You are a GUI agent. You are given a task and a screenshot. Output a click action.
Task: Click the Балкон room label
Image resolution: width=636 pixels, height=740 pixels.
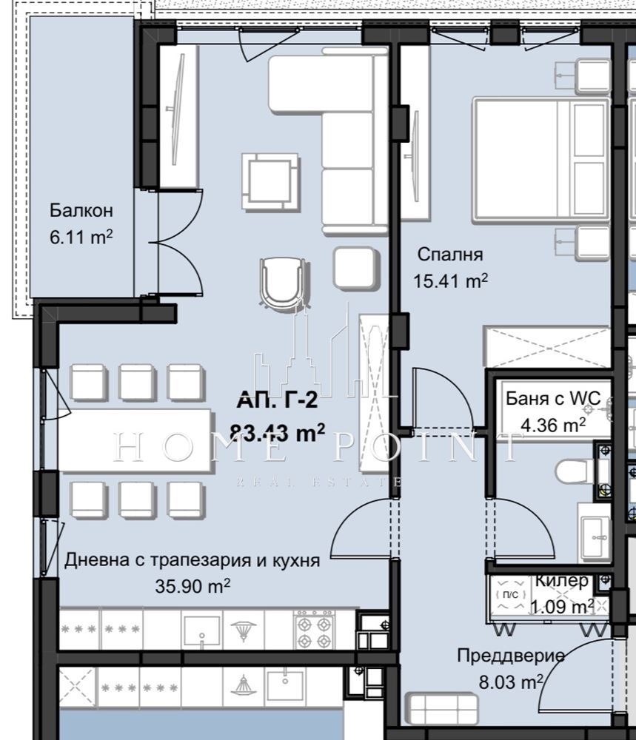(81, 211)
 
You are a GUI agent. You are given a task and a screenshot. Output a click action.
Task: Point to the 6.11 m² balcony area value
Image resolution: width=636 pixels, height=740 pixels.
(81, 238)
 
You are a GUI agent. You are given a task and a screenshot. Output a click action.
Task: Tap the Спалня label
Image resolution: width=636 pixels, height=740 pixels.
(450, 255)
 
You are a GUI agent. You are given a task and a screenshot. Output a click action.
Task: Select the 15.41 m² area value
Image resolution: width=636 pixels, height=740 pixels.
(450, 281)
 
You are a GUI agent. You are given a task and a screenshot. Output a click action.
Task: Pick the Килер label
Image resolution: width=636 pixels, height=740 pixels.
(562, 581)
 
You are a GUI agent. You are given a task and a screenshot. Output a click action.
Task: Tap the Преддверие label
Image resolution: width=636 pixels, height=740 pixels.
(511, 656)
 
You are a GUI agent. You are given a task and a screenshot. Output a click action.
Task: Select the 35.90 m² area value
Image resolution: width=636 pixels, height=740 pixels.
(193, 587)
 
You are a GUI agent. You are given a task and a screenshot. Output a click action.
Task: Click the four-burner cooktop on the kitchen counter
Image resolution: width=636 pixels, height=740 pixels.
(313, 629)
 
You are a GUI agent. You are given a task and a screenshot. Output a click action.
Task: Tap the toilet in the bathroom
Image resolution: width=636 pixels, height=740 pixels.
(574, 469)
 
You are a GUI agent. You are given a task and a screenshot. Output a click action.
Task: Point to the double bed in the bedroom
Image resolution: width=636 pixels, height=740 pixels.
(540, 159)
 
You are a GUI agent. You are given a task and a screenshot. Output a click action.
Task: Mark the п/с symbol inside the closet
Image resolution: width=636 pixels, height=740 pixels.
(511, 594)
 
